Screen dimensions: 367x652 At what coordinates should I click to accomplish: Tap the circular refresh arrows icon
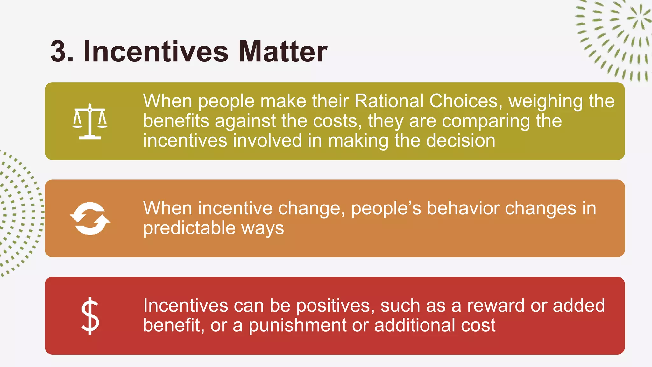pyautogui.click(x=90, y=219)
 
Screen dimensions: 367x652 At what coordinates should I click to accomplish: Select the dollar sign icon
pyautogui.click(x=90, y=316)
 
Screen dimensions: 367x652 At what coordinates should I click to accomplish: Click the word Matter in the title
pyautogui.click(x=283, y=51)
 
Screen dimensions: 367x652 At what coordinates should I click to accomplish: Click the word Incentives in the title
pyautogui.click(x=156, y=51)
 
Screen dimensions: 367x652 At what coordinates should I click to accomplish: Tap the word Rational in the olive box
pyautogui.click(x=389, y=101)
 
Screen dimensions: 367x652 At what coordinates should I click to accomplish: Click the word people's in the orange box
pyautogui.click(x=386, y=209)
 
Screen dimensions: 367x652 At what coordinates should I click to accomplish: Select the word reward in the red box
pyautogui.click(x=496, y=306)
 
